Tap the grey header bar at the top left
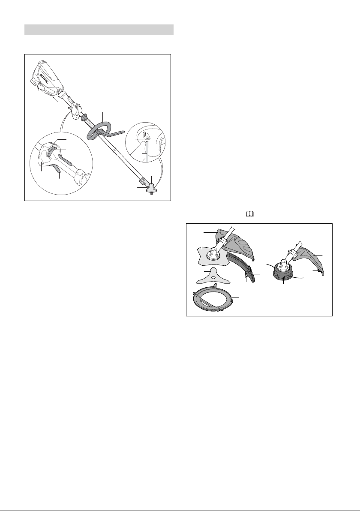point(99,29)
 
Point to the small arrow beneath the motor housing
point(56,99)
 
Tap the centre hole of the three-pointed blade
point(213,277)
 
